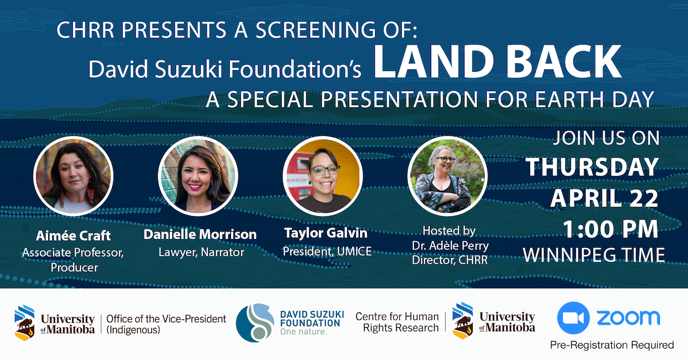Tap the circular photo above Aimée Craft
tap(73, 176)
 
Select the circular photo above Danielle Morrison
tap(198, 176)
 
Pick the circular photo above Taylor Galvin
tap(323, 176)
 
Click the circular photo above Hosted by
tap(448, 176)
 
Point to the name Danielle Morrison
tap(200, 234)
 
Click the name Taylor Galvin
tap(326, 233)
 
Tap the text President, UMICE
tap(327, 251)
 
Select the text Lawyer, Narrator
tap(201, 252)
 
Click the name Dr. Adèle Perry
tap(450, 245)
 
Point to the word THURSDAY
tap(592, 167)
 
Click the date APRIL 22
tap(604, 198)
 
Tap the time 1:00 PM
tap(611, 229)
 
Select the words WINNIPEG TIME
tap(594, 255)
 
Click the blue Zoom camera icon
tap(573, 318)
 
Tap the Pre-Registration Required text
tap(612, 345)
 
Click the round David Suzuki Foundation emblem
tap(255, 323)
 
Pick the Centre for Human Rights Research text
tap(397, 322)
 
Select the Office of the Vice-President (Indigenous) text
tap(166, 324)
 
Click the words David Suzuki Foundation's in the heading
tap(225, 69)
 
